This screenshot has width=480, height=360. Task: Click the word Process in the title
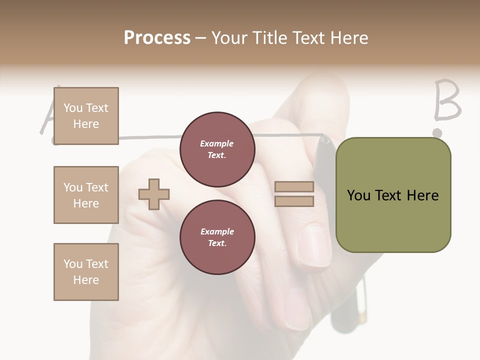pos(157,38)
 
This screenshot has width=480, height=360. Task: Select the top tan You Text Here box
pos(86,116)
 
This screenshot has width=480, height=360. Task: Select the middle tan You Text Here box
pos(86,195)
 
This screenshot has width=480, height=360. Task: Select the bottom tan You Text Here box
pos(86,272)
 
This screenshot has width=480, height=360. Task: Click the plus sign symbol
pos(154,194)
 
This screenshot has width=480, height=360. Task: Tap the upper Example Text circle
pos(217,149)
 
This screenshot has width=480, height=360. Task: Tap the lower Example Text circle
pos(217,237)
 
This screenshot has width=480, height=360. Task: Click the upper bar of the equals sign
pos(294,187)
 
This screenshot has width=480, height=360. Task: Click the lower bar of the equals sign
pos(294,201)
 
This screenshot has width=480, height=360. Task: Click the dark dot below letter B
pos(437,133)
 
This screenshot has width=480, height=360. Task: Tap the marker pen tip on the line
pos(325,138)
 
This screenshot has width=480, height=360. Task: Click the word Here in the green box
pos(422,195)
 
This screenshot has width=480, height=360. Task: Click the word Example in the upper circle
pos(217,143)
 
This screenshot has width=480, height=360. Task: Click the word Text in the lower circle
pos(217,243)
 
